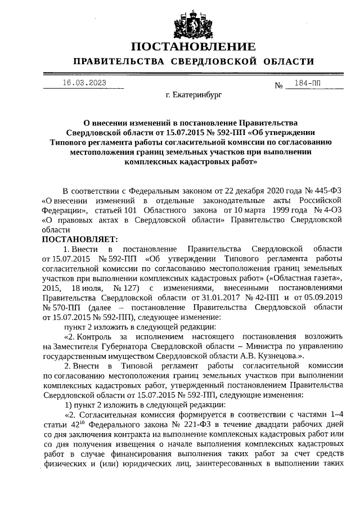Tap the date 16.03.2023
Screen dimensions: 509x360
pos(84,83)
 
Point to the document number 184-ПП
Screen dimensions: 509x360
pos(307,83)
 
